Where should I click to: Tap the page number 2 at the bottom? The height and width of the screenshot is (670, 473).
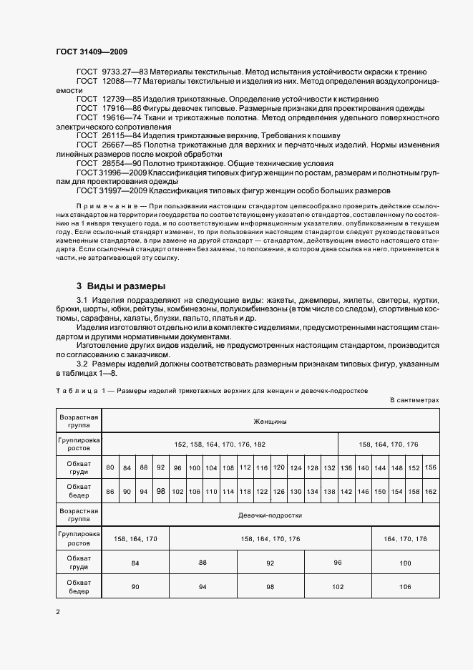point(58,612)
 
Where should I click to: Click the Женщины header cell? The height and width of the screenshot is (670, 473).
point(270,422)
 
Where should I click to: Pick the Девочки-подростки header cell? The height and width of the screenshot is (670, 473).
point(270,515)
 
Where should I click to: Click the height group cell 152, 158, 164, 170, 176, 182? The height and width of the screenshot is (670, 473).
point(220,445)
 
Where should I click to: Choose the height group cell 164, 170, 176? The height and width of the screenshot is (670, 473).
point(405,538)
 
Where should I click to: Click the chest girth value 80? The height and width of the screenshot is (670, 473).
point(110,467)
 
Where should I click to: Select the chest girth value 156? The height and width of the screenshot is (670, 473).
point(431,467)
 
